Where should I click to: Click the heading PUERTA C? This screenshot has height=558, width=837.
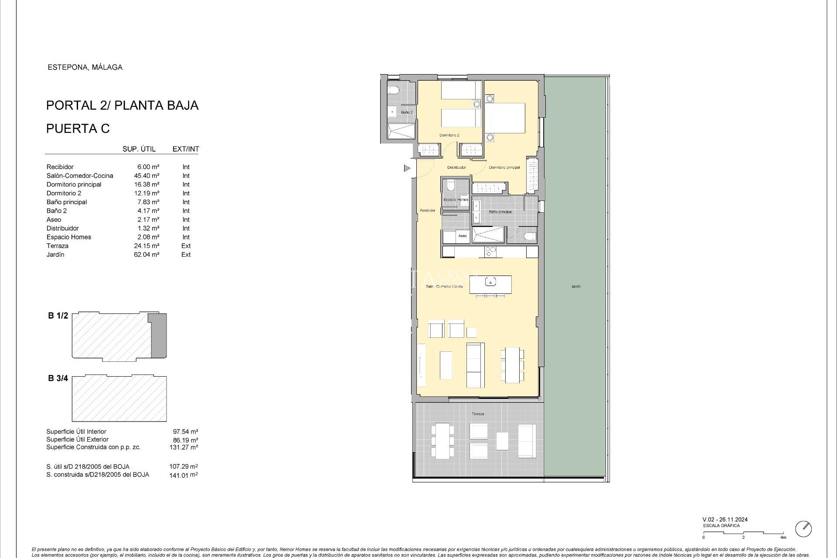tap(78, 129)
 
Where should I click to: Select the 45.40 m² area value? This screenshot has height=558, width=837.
tap(146, 176)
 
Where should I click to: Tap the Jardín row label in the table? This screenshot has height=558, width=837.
tap(55, 255)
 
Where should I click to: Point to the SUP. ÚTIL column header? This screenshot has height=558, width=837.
tap(139, 149)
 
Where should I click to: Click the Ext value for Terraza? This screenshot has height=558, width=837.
tap(186, 246)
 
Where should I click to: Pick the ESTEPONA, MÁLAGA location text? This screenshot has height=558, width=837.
tap(85, 67)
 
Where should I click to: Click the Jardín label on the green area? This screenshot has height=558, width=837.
tap(576, 286)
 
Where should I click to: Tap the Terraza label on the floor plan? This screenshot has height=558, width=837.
tap(478, 414)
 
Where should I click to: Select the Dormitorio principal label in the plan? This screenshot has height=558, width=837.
tap(504, 167)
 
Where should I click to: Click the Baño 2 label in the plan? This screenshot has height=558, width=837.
tap(407, 112)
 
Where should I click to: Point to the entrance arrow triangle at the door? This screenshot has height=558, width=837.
tap(407, 168)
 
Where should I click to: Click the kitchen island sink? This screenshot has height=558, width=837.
tap(491, 282)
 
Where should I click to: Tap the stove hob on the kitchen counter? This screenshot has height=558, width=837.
tap(490, 252)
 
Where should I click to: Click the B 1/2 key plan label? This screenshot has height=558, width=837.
tap(58, 316)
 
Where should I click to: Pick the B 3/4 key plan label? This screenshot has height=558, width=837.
tap(58, 378)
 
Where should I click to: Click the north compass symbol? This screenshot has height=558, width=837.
tap(803, 529)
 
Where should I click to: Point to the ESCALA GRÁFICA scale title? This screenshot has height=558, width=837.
tap(721, 526)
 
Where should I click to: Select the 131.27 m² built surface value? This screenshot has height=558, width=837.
tap(184, 447)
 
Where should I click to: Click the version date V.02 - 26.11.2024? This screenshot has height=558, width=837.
tap(725, 519)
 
